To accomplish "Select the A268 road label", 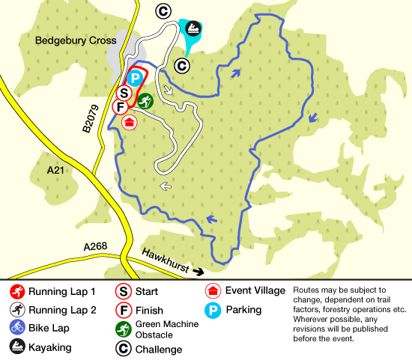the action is [x=96, y=247].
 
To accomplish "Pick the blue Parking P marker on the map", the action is [x=136, y=77].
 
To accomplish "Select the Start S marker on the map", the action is [x=124, y=94].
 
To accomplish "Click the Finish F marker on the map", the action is [x=119, y=107].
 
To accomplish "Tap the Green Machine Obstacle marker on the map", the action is [x=145, y=101].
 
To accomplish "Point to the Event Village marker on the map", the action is [x=130, y=122].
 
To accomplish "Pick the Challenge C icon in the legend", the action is [x=123, y=349].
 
